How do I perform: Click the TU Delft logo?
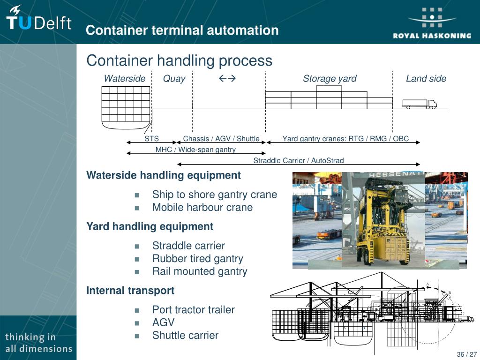[38, 20]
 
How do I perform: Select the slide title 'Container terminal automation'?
[182, 30]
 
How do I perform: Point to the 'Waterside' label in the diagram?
[125, 79]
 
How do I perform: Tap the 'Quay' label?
[174, 79]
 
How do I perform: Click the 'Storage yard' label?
[330, 79]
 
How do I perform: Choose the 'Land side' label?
[426, 79]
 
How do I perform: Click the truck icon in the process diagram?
[420, 104]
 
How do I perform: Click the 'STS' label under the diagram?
[151, 139]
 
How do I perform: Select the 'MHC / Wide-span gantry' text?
[195, 150]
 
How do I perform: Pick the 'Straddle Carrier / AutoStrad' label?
[299, 161]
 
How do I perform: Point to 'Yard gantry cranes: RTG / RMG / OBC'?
[345, 139]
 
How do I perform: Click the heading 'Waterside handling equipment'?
[164, 175]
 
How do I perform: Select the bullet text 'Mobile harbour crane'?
[202, 207]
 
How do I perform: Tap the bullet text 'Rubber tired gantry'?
[198, 258]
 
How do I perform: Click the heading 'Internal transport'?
[130, 291]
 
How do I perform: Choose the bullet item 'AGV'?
[163, 322]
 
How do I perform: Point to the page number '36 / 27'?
[466, 354]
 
